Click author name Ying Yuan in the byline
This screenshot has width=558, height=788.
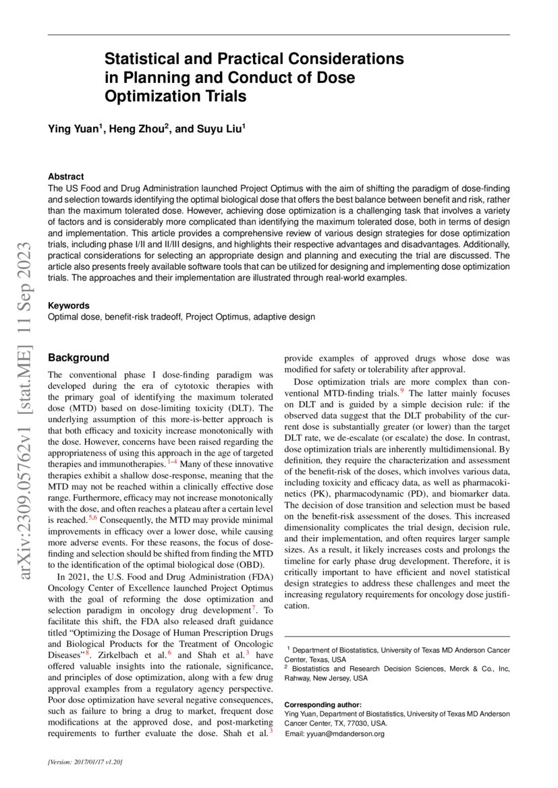click(x=73, y=127)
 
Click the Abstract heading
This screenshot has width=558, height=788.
click(x=66, y=176)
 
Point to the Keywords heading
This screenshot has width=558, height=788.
click(x=68, y=305)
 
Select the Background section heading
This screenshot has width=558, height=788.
click(x=78, y=357)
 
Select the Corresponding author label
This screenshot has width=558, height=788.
click(x=323, y=704)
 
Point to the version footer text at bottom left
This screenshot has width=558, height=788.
click(x=85, y=761)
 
